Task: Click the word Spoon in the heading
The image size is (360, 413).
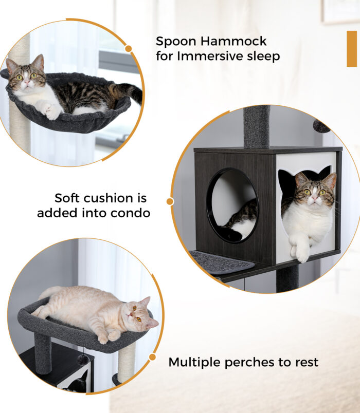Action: [176, 42]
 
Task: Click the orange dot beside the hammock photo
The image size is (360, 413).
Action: [129, 49]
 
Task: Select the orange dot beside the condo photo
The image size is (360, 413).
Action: [170, 201]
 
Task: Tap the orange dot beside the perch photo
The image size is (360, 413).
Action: [152, 357]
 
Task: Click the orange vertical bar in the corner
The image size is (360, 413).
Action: [352, 49]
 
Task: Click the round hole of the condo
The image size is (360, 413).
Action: [232, 205]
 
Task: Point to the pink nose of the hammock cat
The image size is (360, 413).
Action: [26, 82]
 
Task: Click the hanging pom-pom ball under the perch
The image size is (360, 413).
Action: [83, 360]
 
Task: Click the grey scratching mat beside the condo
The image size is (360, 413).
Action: [222, 261]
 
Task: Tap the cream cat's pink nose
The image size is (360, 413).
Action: [129, 314]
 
